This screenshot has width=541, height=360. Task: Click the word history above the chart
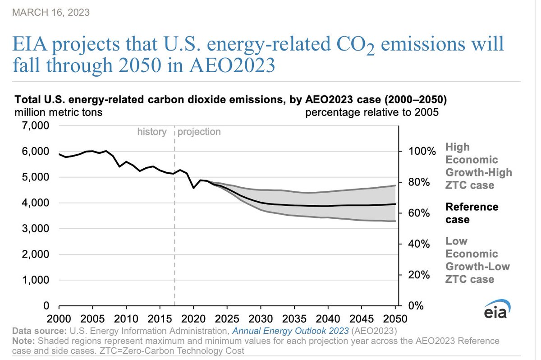pos(152,132)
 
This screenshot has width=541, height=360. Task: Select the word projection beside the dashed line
pos(199,132)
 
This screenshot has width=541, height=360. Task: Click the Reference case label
pos(472,213)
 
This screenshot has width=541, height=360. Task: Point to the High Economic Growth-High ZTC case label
pos(478,166)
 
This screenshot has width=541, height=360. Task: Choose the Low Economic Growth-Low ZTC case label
pos(478,260)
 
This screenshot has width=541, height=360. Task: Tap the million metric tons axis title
pos(59,113)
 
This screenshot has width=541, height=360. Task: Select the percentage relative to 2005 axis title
pos(372,113)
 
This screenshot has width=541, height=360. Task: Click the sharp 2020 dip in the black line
pos(193,188)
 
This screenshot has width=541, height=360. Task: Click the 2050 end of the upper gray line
pos(395,185)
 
